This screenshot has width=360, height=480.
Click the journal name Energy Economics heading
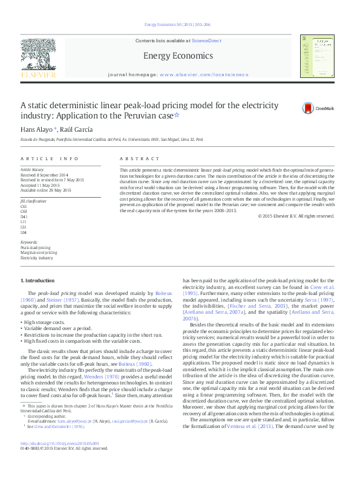[x=178, y=56]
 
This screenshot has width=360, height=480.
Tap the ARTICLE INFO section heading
[x=50, y=158]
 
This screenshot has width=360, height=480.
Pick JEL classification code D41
[x=24, y=216]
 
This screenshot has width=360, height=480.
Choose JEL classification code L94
[x=24, y=232]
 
